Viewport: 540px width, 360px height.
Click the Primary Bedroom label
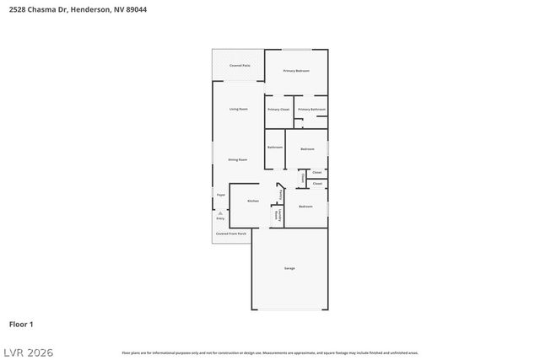click(296, 71)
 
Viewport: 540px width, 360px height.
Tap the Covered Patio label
click(240, 65)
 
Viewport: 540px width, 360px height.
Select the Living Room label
click(238, 109)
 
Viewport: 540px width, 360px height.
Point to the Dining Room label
click(237, 159)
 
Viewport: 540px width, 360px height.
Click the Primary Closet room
click(278, 110)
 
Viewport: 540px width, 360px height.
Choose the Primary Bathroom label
click(311, 110)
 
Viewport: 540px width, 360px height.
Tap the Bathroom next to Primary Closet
click(275, 148)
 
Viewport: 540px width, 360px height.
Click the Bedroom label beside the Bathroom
click(306, 148)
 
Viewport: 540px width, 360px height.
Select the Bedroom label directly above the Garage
click(305, 207)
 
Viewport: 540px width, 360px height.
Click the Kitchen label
click(252, 201)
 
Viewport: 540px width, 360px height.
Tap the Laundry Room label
click(277, 215)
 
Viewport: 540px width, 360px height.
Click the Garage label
click(289, 268)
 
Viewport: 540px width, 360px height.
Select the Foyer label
click(221, 195)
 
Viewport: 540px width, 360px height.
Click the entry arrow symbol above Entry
click(220, 213)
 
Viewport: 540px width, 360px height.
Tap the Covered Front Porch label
click(230, 234)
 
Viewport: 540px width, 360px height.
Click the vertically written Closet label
click(303, 178)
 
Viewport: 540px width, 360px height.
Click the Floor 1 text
click(21, 324)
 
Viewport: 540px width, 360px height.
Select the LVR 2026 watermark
click(27, 352)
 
